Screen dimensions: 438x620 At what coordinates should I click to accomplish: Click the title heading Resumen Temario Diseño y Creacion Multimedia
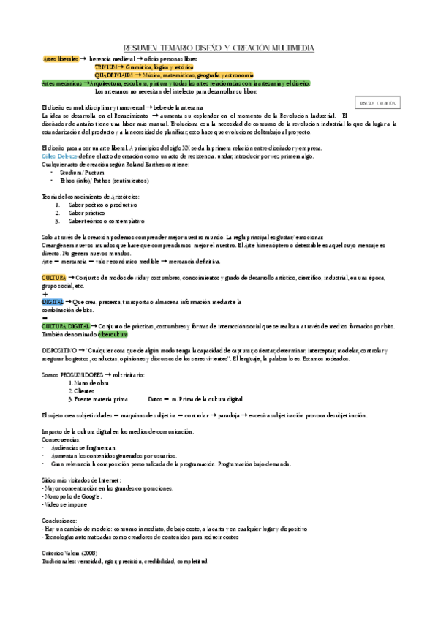click(x=219, y=48)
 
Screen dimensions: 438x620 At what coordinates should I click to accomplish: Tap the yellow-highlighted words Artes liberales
click(x=60, y=58)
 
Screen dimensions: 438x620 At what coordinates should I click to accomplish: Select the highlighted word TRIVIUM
click(x=107, y=67)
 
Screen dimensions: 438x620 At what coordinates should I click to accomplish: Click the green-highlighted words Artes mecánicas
click(x=61, y=83)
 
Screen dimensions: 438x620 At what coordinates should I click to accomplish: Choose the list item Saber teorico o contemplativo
click(x=107, y=221)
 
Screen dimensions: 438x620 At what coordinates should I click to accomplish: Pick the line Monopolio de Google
click(x=72, y=496)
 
